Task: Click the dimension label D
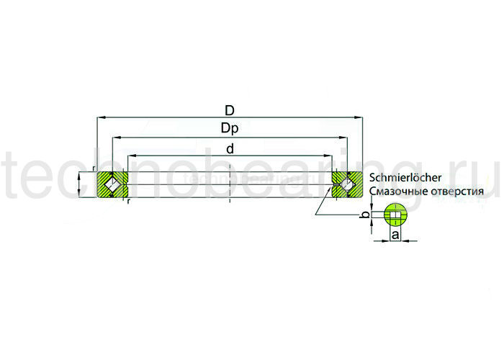[230, 111]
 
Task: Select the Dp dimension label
[230, 129]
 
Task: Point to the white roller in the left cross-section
[111, 185]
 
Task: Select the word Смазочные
[394, 192]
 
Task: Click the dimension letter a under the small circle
[395, 235]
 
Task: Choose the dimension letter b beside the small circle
[364, 215]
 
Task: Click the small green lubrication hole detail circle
[395, 214]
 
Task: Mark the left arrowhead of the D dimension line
[100, 117]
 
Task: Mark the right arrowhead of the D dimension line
[359, 117]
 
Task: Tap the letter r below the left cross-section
[128, 202]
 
